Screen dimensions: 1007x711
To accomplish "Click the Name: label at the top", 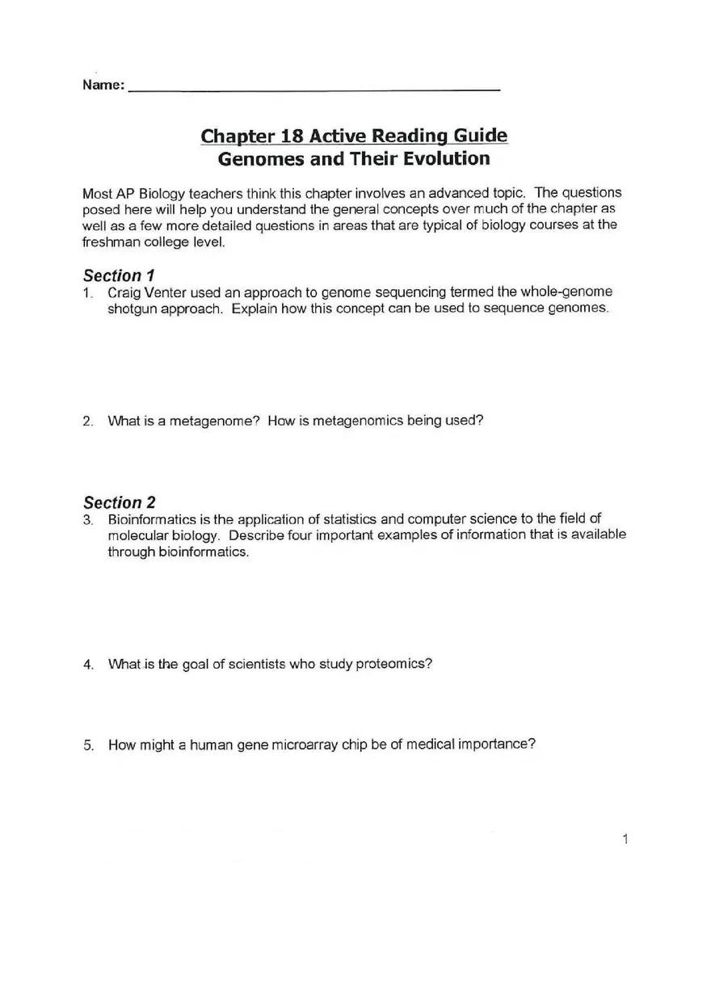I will [x=103, y=86].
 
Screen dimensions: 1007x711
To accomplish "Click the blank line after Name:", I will [x=314, y=87].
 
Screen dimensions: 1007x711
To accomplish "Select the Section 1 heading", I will [x=119, y=275].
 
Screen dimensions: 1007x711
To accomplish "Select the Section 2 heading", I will [x=119, y=502].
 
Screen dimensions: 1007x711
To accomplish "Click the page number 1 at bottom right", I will [x=625, y=839].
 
